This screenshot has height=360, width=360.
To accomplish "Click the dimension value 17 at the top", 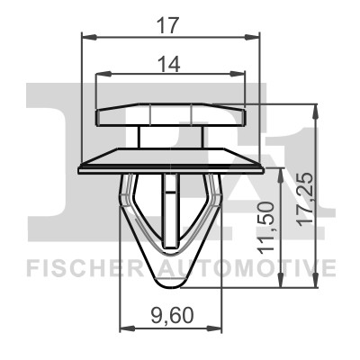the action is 168,25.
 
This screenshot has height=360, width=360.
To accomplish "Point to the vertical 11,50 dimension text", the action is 266,228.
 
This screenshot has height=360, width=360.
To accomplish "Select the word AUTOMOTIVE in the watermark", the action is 246,268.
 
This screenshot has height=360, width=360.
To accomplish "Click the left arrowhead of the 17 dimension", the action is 89,37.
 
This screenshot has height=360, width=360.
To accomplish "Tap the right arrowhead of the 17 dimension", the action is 251,37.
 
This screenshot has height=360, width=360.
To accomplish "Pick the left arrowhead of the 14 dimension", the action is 103,74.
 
